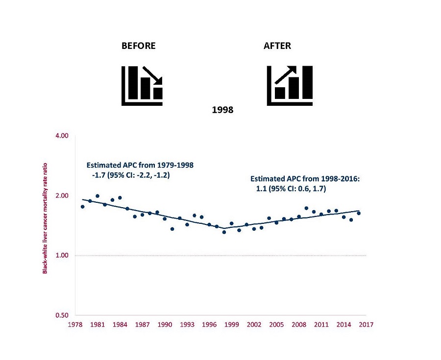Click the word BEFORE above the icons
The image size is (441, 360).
coord(139,46)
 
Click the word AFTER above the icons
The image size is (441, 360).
coord(277,46)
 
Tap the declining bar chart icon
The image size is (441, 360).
coord(142,85)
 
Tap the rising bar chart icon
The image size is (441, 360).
coord(289,85)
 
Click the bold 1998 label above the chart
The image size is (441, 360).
coord(222,110)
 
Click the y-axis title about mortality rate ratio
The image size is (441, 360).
coord(45,218)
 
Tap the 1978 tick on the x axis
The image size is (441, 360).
coord(75,324)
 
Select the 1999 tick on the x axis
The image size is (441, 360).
coord(232,324)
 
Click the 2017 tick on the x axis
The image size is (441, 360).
coord(366,324)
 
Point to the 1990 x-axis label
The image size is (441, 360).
coord(165,324)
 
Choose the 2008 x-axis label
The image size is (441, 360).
coord(299,324)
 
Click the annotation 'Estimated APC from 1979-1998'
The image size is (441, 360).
coord(140,165)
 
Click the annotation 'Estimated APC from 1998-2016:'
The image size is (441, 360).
coord(305,179)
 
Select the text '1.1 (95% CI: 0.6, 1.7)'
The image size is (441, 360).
coord(291,189)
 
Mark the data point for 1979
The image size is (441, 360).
coord(82,207)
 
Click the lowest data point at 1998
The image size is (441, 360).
coord(224,232)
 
